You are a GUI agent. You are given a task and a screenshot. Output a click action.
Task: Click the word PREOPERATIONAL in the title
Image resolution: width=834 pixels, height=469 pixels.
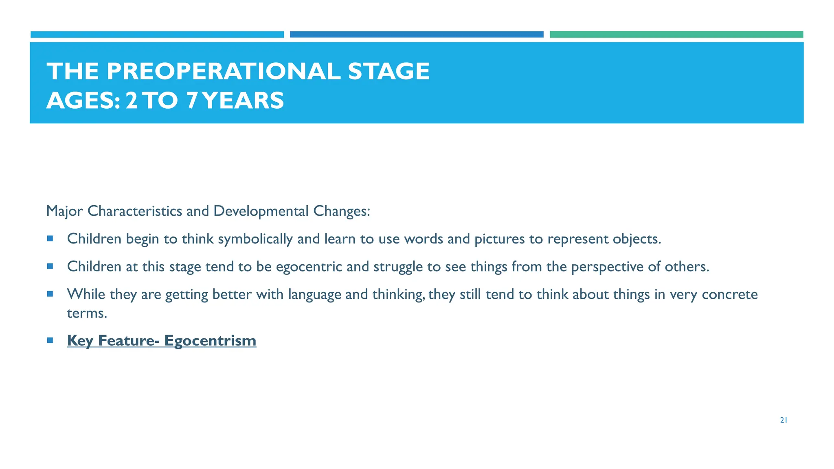click(x=223, y=71)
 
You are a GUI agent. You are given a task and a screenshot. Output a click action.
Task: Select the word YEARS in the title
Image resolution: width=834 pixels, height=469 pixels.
click(x=243, y=101)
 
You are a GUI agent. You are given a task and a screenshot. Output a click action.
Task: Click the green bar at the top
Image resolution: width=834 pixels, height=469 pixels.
click(x=676, y=35)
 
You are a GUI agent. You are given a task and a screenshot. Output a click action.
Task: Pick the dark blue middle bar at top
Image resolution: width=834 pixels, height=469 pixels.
click(x=417, y=35)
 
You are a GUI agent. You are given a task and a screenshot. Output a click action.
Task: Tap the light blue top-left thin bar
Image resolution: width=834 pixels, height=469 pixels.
click(x=157, y=35)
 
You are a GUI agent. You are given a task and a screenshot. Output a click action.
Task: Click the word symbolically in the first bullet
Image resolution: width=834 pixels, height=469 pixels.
click(x=255, y=239)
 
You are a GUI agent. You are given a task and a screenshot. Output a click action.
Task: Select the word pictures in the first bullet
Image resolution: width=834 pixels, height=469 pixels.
click(x=500, y=239)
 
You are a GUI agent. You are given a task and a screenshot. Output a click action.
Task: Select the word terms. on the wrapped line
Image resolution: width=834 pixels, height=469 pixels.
click(x=87, y=313)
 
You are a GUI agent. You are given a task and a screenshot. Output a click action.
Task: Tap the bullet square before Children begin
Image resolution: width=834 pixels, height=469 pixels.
click(x=50, y=239)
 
